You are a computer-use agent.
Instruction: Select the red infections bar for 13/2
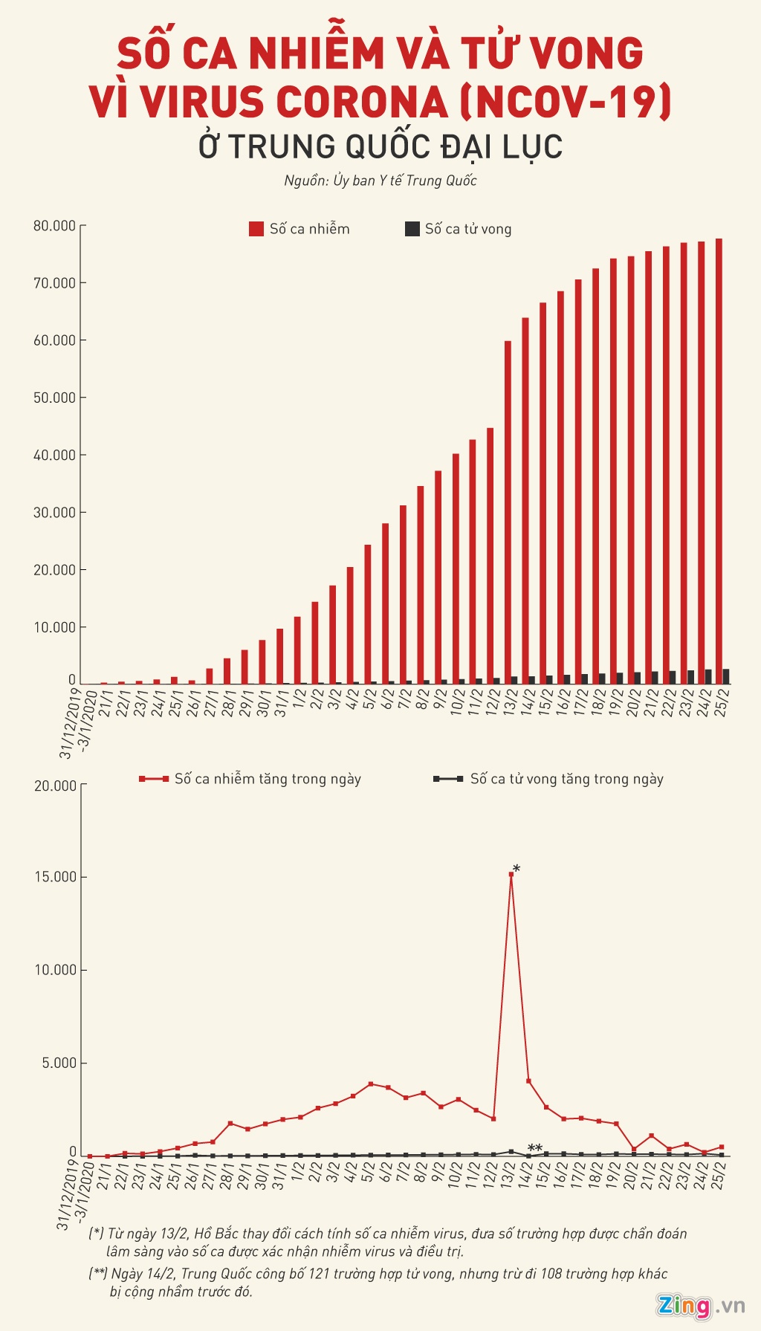(x=508, y=513)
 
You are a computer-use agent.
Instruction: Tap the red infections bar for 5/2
(x=367, y=614)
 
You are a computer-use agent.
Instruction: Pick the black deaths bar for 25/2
(x=726, y=676)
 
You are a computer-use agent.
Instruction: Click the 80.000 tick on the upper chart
(x=54, y=226)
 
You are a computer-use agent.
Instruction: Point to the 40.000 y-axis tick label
(x=54, y=456)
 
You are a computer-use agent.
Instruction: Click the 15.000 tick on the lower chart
(x=56, y=878)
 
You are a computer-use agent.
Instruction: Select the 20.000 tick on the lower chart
(x=56, y=786)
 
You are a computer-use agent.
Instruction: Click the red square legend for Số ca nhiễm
(x=256, y=229)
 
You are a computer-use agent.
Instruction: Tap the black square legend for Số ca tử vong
(x=412, y=229)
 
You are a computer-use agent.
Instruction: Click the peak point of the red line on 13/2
(x=511, y=874)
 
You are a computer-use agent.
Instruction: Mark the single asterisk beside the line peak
(x=516, y=869)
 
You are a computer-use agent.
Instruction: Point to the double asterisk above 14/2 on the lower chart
(x=534, y=1148)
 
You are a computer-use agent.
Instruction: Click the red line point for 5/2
(x=371, y=1084)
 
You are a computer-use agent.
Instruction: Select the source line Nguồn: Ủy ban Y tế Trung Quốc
(x=380, y=181)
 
